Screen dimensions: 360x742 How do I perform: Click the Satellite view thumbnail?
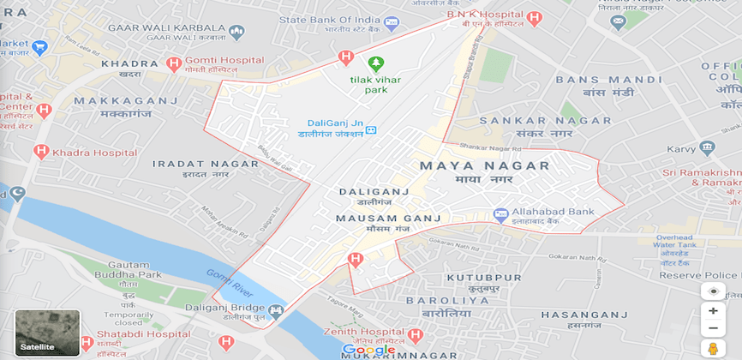pyautogui.click(x=47, y=333)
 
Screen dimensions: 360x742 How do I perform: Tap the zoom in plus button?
pyautogui.click(x=713, y=311)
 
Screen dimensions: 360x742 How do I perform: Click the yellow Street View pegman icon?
pyautogui.click(x=713, y=348)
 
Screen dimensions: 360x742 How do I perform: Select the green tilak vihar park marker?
pyautogui.click(x=375, y=63)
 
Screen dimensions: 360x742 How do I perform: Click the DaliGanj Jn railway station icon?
pyautogui.click(x=371, y=130)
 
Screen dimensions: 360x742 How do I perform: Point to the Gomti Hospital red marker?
pyautogui.click(x=174, y=63)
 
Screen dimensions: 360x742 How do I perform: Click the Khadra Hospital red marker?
pyautogui.click(x=40, y=152)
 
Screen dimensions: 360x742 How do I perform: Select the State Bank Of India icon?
pyautogui.click(x=392, y=23)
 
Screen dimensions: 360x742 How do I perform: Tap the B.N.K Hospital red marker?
pyautogui.click(x=535, y=17)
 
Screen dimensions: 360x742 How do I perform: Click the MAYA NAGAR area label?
pyautogui.click(x=484, y=165)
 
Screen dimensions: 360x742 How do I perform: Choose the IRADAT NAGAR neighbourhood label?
pyautogui.click(x=194, y=163)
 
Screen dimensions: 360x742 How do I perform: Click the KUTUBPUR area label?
pyautogui.click(x=483, y=278)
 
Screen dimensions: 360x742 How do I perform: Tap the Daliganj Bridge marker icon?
pyautogui.click(x=275, y=311)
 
